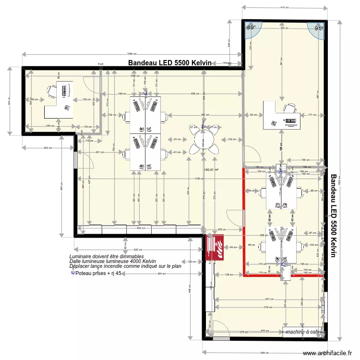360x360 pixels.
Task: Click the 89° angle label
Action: (251, 28)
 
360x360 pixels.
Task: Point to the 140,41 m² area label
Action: (211, 169)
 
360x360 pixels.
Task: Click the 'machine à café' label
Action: (302, 332)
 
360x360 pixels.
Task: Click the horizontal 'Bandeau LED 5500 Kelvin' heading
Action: (169, 63)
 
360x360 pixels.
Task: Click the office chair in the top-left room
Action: (50, 91)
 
